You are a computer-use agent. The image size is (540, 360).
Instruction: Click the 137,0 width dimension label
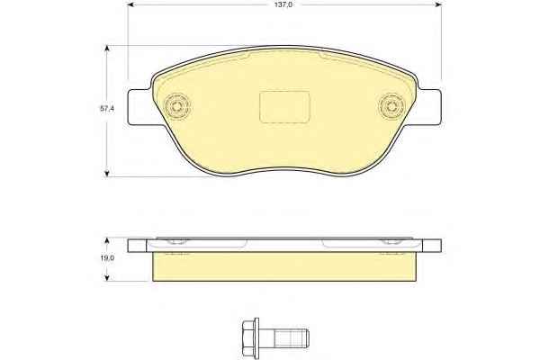click(284, 4)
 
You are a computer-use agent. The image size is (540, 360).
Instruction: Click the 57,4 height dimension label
click(107, 109)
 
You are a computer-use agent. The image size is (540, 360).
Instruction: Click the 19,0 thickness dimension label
click(106, 257)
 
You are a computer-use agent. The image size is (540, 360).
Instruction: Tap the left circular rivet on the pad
click(177, 106)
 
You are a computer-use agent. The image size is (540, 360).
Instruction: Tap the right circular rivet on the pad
click(391, 106)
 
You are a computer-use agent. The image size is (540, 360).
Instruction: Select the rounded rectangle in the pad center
click(284, 107)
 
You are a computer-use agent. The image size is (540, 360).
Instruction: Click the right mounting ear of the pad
click(429, 107)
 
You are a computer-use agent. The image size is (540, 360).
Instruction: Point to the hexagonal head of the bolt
click(248, 334)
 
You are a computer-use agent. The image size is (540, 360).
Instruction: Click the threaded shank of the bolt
click(292, 337)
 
